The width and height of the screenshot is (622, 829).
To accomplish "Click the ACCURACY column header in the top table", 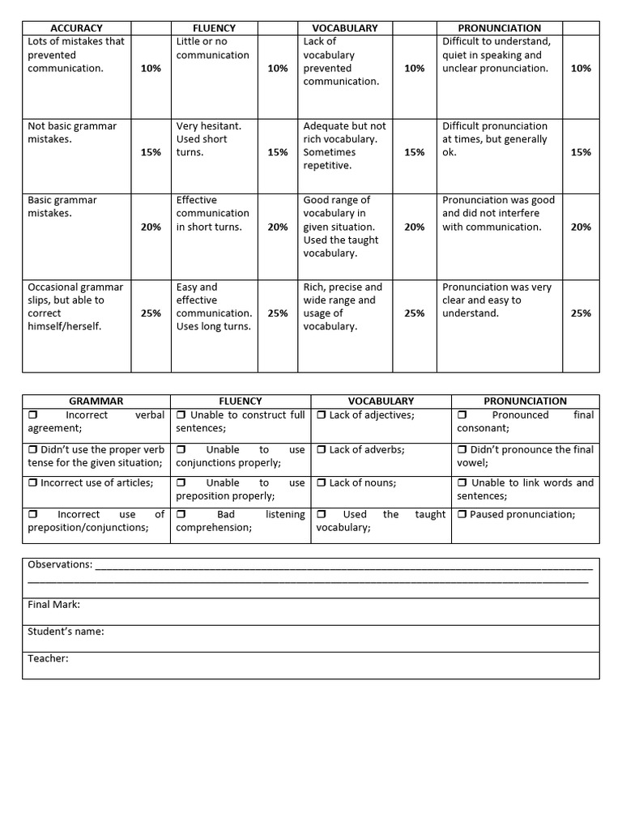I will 76,28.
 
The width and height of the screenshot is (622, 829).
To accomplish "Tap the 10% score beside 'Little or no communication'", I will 277,69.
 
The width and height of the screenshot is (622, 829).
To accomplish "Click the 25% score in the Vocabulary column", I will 414,313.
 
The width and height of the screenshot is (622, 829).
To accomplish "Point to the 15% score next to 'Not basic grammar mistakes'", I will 151,152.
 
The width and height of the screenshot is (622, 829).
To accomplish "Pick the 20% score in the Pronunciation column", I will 581,227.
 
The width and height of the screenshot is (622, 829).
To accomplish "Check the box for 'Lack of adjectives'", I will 322,415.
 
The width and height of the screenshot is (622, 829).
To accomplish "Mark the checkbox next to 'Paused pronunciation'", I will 462,515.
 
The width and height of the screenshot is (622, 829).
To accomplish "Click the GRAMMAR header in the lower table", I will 96,401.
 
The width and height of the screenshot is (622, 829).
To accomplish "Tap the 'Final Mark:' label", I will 53,605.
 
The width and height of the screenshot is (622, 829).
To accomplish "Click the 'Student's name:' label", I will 66,631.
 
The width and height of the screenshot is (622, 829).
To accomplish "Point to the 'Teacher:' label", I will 48,658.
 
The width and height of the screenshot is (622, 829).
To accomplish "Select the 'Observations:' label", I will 60,564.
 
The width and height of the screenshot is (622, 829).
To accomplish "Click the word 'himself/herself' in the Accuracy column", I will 64,326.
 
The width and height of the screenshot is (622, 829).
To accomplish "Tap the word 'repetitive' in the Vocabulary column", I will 326,165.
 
